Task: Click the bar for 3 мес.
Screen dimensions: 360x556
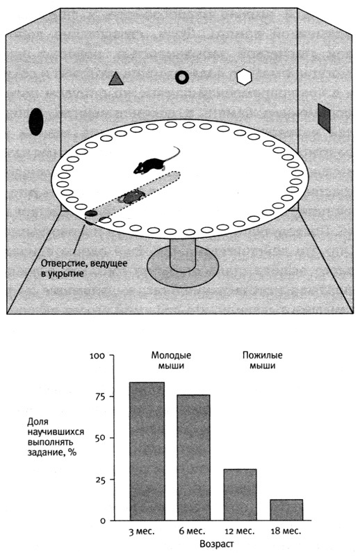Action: (147, 451)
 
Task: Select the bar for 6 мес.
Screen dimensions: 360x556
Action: (193, 457)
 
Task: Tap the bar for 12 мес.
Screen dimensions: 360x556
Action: (240, 495)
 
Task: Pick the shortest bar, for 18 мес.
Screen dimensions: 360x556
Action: (286, 510)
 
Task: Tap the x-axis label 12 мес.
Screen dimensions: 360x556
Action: (240, 531)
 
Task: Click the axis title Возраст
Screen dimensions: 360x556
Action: (217, 543)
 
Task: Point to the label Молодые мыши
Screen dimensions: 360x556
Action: (171, 360)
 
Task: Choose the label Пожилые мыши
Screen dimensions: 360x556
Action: (263, 360)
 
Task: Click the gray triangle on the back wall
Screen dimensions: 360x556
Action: (116, 79)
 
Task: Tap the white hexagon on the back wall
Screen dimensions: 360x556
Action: (244, 77)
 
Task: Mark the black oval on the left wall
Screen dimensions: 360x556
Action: (36, 122)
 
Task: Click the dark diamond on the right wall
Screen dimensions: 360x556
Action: (324, 118)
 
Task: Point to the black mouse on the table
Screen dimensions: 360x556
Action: (153, 163)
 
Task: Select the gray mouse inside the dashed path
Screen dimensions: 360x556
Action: (132, 196)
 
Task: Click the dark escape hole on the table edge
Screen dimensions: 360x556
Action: (91, 213)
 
